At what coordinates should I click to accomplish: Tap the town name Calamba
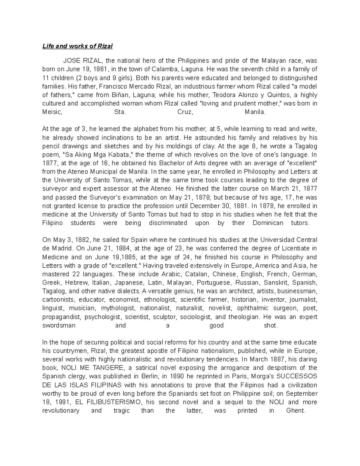pos(164,69)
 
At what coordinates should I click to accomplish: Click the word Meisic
pos(52,112)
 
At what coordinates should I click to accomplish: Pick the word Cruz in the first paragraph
pos(184,112)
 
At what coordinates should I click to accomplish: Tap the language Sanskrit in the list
pos(276,283)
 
